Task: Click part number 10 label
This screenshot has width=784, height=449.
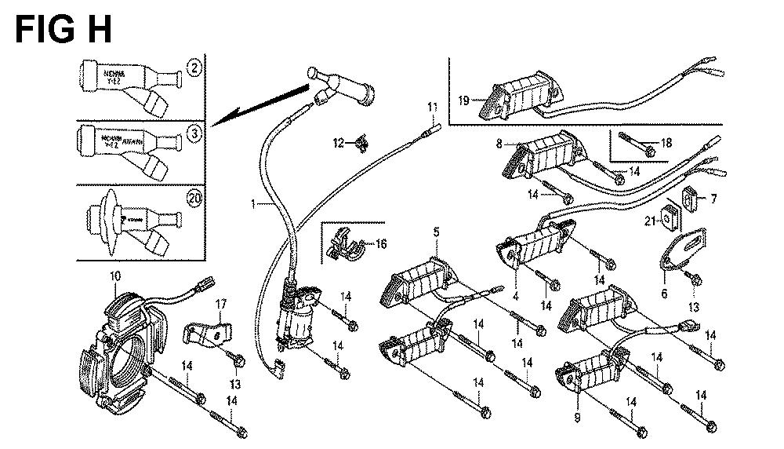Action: [x=116, y=276]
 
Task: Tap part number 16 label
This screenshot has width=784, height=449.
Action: [x=381, y=244]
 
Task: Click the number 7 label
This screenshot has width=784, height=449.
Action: [x=713, y=199]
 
